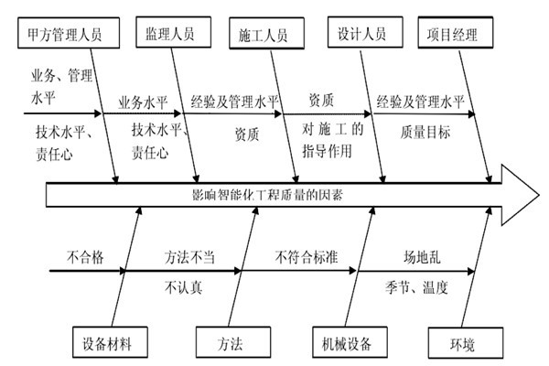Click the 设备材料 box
[108, 345]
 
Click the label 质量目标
[425, 133]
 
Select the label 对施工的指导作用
[332, 139]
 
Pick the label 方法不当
[189, 257]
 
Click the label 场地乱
[424, 257]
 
